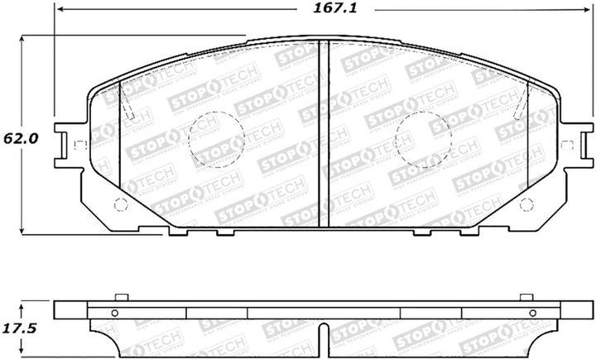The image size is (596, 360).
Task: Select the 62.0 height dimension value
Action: (19, 139)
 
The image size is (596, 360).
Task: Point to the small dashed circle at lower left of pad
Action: (120, 205)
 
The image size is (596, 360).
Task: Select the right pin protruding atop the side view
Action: (522, 297)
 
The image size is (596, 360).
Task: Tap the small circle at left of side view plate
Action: (115, 312)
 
